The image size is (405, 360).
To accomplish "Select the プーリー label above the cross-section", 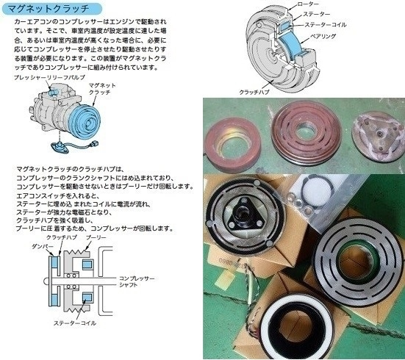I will pos(96,238).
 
